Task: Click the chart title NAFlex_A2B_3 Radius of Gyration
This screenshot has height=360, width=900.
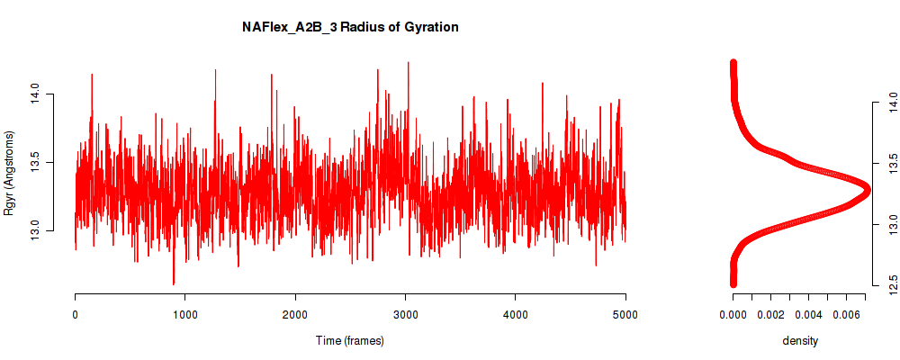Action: coord(350,27)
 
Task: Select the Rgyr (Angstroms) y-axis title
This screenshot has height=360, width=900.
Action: coord(9,173)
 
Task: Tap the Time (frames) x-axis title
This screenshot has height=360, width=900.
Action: coord(349,340)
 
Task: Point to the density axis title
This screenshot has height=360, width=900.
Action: coord(800,341)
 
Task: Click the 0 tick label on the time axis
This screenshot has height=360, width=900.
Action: coord(76,313)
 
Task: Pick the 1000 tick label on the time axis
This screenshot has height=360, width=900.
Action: coord(184,313)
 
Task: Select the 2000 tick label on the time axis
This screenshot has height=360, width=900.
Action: coord(295,313)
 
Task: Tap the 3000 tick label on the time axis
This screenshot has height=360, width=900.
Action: coord(405,313)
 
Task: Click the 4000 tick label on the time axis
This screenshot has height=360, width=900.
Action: coord(516,313)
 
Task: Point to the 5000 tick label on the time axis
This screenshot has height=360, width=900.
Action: coord(625,313)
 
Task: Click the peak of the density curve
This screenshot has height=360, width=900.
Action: coord(866,188)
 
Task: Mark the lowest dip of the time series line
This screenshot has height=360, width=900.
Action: coord(174,283)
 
